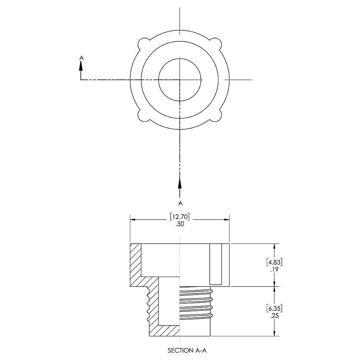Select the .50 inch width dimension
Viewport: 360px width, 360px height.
point(180,224)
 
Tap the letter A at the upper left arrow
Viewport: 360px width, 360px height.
point(81,57)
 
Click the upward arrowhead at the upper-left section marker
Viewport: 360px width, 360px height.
point(81,66)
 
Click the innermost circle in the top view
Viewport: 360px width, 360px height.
point(180,79)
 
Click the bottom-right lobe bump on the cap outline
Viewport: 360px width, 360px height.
point(217,117)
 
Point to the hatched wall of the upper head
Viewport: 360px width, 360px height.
point(136,264)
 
